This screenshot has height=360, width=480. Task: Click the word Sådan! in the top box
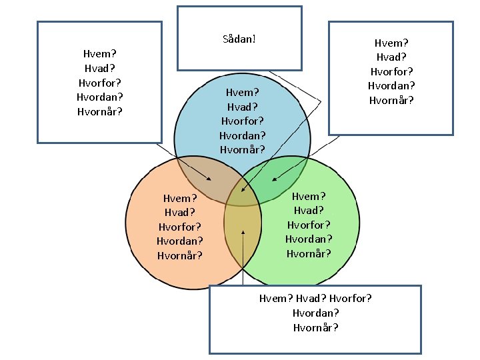click(x=239, y=39)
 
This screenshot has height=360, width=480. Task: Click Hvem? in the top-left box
click(x=100, y=53)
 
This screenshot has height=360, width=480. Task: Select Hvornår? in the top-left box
click(x=100, y=111)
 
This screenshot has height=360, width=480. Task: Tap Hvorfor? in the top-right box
click(x=391, y=71)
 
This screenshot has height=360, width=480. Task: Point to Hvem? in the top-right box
click(x=391, y=43)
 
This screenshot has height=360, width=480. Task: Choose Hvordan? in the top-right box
click(x=391, y=86)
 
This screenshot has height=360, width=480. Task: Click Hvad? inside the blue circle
click(x=242, y=107)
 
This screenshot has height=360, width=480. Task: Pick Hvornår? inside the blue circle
click(x=242, y=149)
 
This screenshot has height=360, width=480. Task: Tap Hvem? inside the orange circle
click(x=180, y=198)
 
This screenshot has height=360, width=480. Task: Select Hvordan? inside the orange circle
click(x=180, y=241)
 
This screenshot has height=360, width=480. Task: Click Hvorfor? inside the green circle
click(x=309, y=225)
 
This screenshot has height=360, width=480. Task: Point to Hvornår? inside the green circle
click(x=309, y=253)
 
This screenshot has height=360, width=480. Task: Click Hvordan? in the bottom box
click(x=315, y=313)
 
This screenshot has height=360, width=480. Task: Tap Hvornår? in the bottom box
click(x=315, y=327)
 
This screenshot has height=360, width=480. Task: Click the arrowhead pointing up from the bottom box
click(x=243, y=233)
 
